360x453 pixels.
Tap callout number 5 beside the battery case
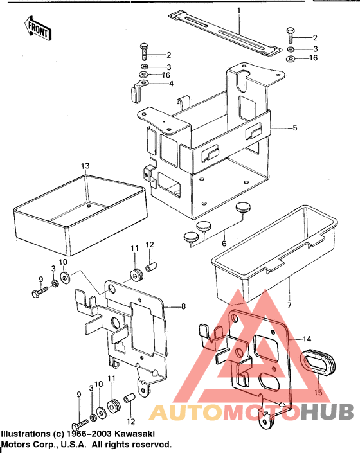[295, 129]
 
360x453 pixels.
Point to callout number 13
[85, 166]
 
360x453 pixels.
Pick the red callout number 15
[317, 392]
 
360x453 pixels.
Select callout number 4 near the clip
[170, 84]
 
